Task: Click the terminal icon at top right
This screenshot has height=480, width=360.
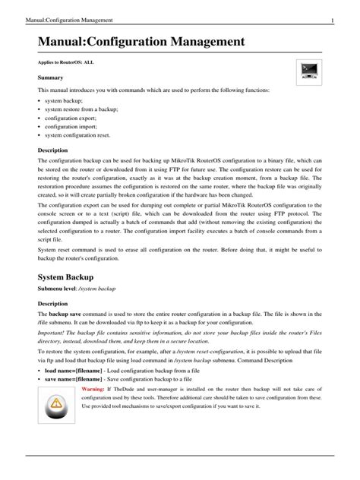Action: coord(308,74)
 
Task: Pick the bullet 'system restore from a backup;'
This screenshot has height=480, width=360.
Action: coord(77,109)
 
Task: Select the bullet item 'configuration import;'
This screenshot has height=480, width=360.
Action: coord(68,127)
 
